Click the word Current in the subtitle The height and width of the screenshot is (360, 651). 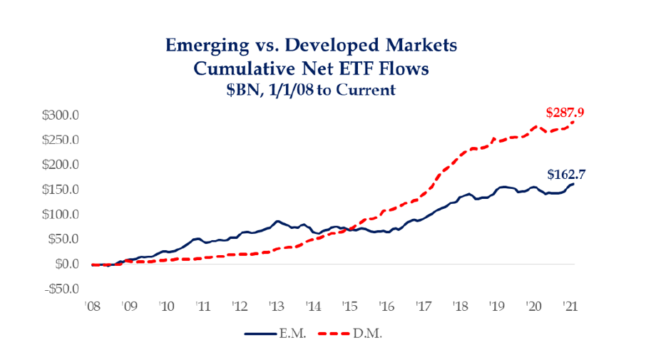368,91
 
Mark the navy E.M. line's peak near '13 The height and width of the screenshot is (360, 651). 277,222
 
